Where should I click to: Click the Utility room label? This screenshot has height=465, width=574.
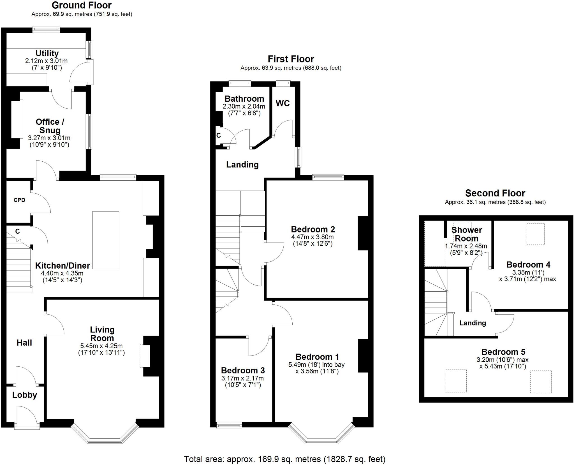(x=47, y=53)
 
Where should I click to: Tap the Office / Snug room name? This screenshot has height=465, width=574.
(x=50, y=126)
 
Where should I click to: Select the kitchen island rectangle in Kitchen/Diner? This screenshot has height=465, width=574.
(x=106, y=240)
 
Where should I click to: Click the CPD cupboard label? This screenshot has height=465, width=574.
(x=19, y=200)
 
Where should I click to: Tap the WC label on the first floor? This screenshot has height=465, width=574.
(x=283, y=103)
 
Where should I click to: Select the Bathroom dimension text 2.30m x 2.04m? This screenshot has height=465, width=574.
(x=244, y=106)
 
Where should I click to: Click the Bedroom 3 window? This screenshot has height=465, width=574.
(x=229, y=426)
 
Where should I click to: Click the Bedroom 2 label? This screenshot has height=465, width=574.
(x=313, y=229)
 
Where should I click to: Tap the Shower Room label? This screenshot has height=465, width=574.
(x=466, y=234)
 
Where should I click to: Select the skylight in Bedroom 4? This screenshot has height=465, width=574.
(x=535, y=234)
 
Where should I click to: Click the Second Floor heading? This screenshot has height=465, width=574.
(x=495, y=193)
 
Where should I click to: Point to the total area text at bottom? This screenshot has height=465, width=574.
(x=284, y=459)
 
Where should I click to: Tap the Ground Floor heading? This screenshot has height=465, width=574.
(x=82, y=5)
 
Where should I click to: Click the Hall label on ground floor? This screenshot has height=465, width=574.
(x=24, y=343)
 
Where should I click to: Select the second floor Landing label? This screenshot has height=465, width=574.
(x=473, y=323)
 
